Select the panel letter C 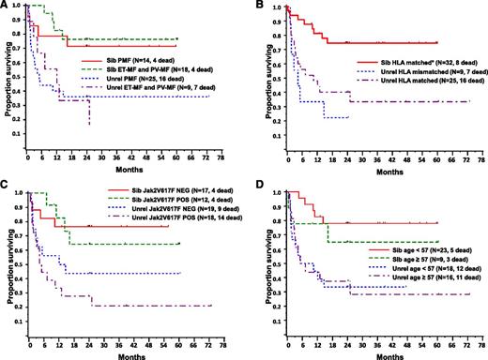6,188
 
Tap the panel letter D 251,188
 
